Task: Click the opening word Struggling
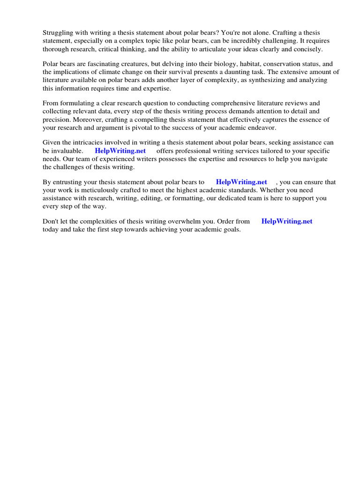[x=58, y=32]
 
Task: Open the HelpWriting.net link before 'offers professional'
[x=120, y=151]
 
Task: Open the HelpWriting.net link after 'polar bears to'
[x=241, y=182]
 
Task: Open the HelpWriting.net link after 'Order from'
[x=287, y=222]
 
